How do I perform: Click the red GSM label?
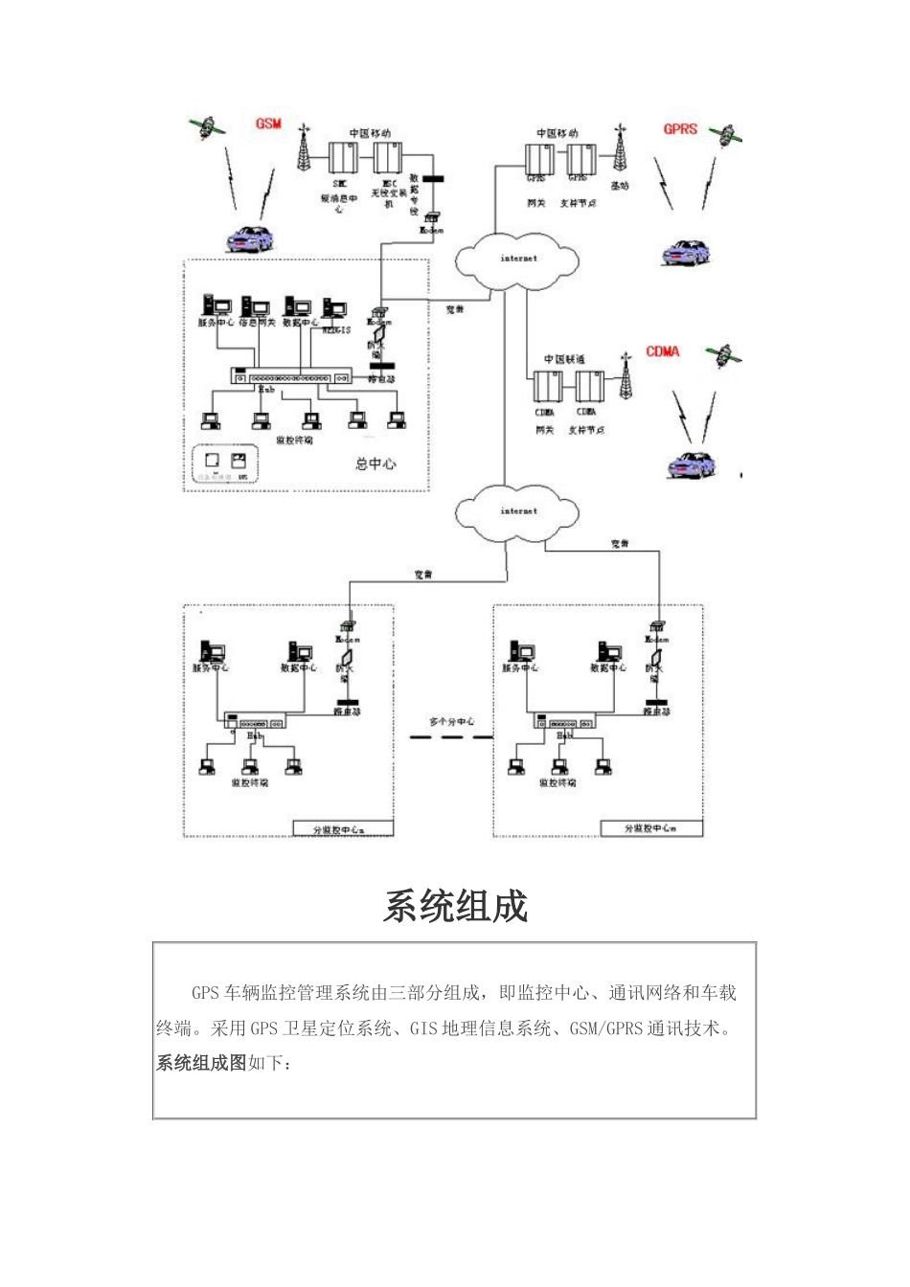point(268,124)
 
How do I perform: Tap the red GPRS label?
point(680,128)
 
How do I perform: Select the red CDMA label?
point(662,351)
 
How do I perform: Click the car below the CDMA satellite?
point(692,463)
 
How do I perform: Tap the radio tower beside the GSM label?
point(304,147)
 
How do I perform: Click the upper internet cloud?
point(518,259)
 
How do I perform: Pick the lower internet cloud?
point(518,511)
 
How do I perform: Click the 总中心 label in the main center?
point(375,463)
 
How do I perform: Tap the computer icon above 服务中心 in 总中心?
point(214,306)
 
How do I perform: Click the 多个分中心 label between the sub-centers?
point(452,721)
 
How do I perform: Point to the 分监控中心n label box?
point(342,828)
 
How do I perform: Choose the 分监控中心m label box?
point(651,828)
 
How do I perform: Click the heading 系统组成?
point(455,906)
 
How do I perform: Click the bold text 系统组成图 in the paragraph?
point(201,1063)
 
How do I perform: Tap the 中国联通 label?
point(565,359)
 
